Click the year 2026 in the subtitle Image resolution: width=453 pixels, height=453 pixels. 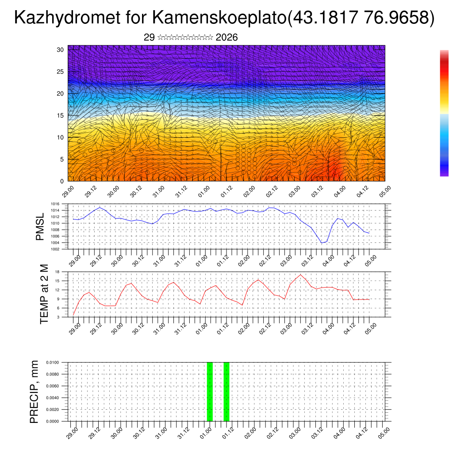(x=227, y=38)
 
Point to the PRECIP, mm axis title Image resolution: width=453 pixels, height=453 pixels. (x=35, y=392)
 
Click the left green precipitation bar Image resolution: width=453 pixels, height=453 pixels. (x=210, y=392)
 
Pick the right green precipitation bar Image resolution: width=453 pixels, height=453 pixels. (x=226, y=392)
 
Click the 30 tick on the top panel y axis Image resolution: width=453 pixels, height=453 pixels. (x=61, y=50)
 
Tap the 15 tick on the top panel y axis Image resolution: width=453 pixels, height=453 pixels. (x=61, y=115)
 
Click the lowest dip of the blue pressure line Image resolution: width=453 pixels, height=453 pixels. (x=322, y=243)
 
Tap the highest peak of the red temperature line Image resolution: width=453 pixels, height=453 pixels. (x=301, y=275)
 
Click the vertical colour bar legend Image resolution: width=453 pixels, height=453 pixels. (x=444, y=113)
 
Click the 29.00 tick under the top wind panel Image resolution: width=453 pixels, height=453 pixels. (x=68, y=191)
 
